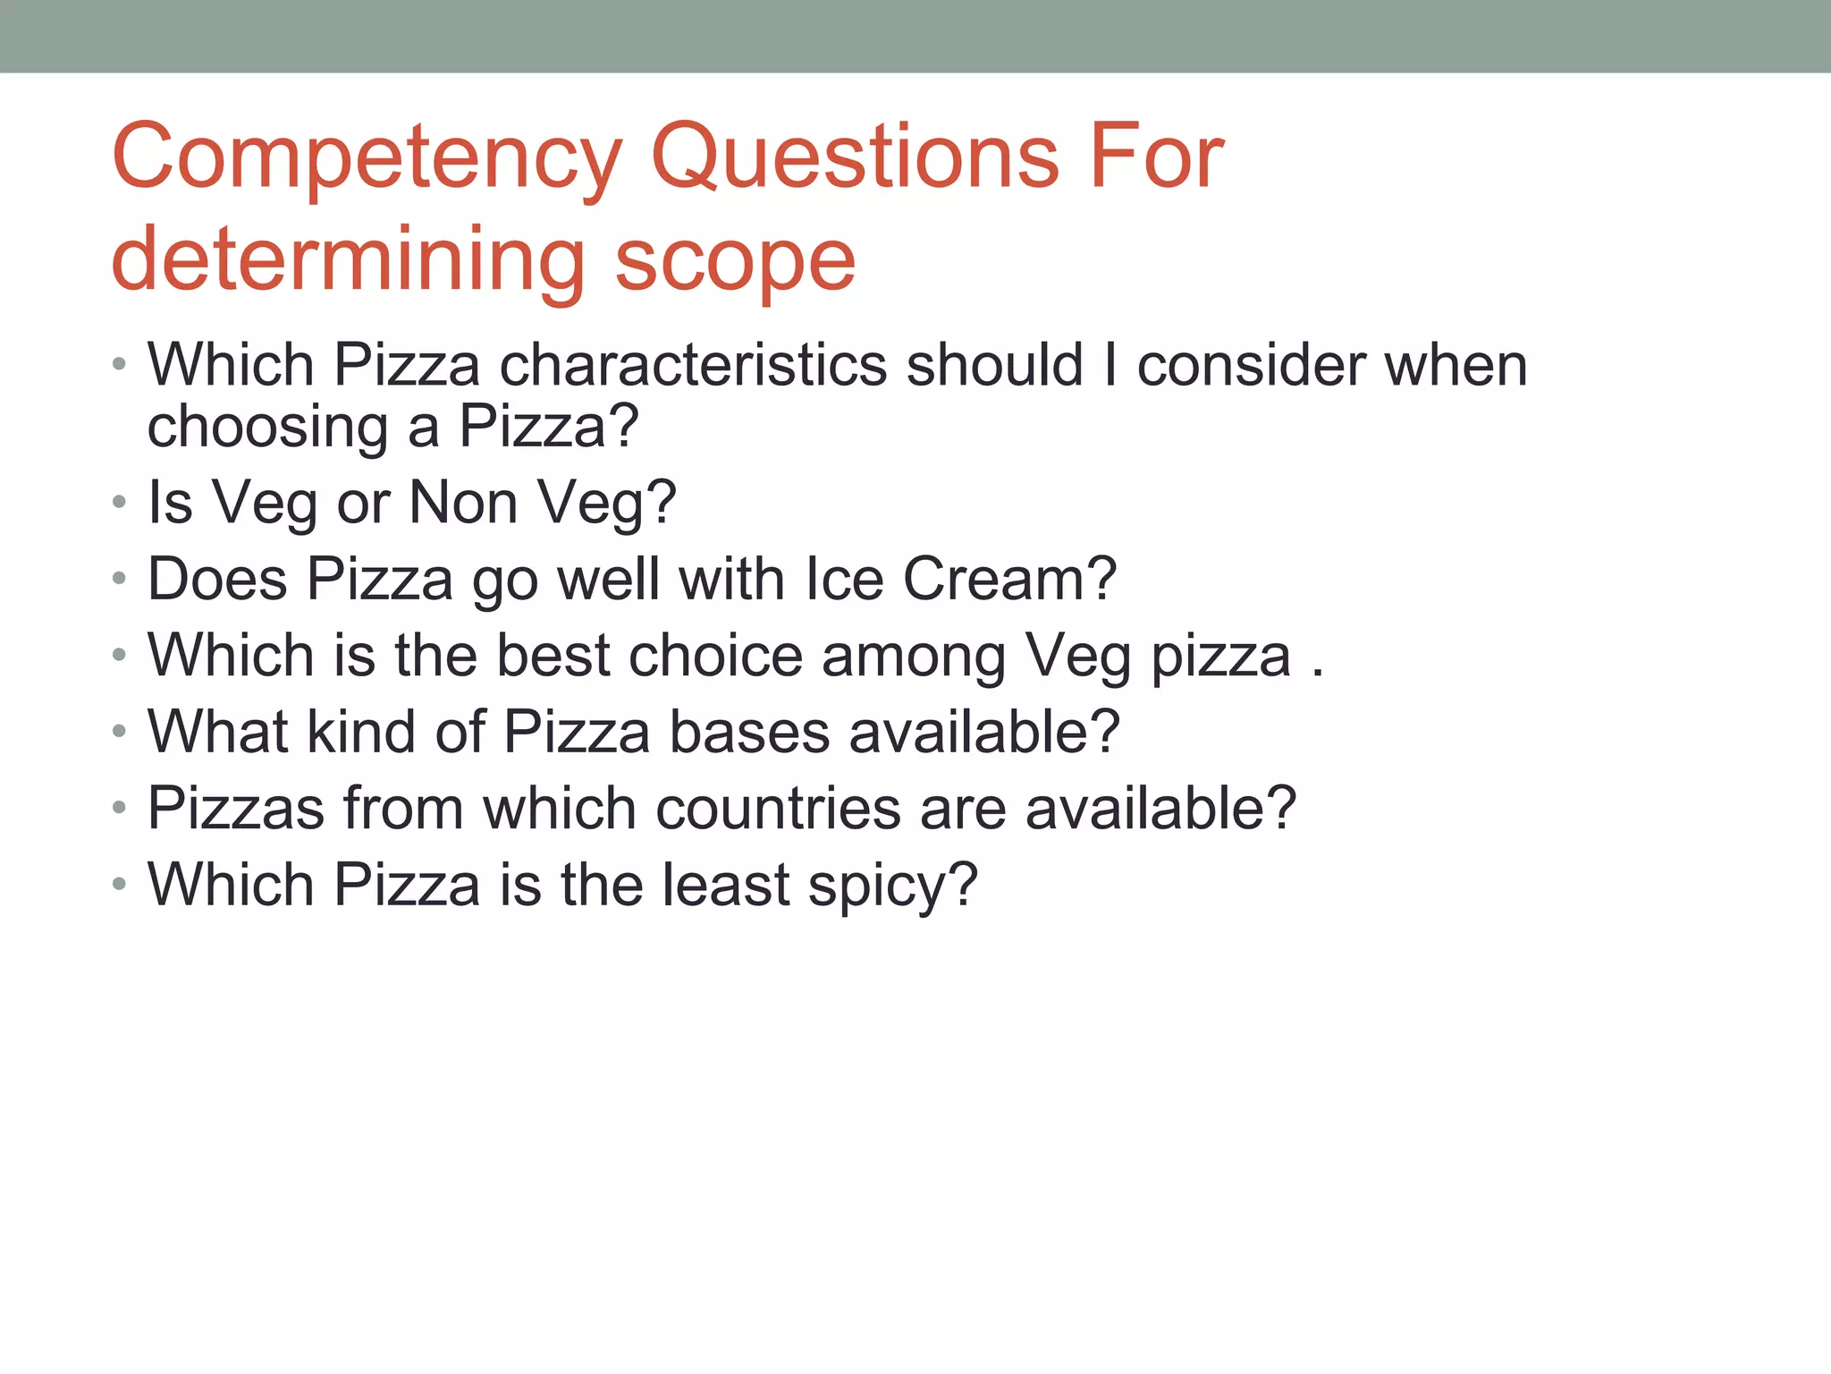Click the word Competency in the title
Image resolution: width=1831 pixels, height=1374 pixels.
(x=367, y=159)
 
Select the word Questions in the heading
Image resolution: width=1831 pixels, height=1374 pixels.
(x=856, y=157)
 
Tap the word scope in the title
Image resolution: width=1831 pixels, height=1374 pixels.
(x=735, y=260)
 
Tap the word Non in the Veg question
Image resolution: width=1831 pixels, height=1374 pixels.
(x=463, y=503)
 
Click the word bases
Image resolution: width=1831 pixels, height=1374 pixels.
(x=749, y=732)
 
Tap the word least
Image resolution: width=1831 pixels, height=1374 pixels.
(x=726, y=885)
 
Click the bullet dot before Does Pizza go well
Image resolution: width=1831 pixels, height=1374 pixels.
(x=119, y=580)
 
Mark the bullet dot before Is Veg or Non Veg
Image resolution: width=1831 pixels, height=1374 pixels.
(x=119, y=503)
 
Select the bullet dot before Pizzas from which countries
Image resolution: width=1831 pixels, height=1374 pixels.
(x=119, y=809)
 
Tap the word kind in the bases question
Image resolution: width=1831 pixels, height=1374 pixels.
(x=361, y=732)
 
